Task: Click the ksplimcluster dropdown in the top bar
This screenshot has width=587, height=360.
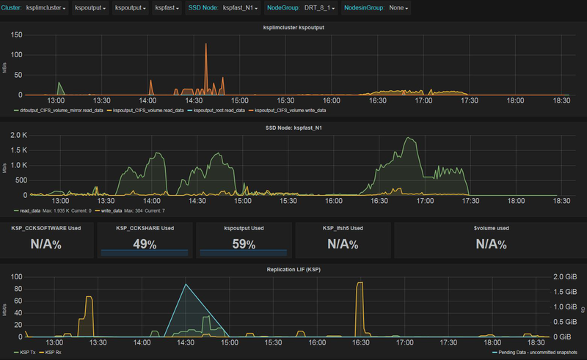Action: (46, 9)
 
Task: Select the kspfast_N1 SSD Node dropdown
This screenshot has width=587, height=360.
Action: (239, 9)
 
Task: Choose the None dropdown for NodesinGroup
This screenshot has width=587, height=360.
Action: (399, 9)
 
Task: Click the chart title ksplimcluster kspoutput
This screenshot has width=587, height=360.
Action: (293, 28)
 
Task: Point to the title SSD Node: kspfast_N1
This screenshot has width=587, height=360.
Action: (293, 129)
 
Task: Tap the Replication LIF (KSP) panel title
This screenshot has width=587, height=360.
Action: (293, 270)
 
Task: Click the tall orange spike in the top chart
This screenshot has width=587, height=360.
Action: (206, 45)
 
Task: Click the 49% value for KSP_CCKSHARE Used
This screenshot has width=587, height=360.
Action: (145, 244)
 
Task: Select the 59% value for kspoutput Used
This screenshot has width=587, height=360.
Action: (243, 244)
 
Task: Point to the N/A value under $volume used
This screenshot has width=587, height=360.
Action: (490, 244)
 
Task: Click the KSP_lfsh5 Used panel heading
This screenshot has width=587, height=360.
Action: (343, 228)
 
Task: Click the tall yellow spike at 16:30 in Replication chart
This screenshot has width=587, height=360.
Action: (360, 283)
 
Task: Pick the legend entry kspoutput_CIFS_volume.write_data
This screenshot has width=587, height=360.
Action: (290, 110)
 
